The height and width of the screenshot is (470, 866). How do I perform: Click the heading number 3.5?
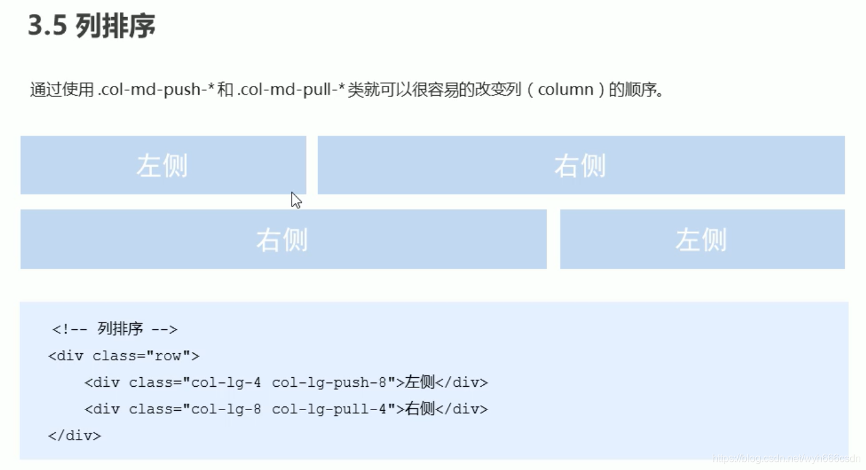(x=47, y=26)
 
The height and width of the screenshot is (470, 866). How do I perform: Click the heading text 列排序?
(x=115, y=26)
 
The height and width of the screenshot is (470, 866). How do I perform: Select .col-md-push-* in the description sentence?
(x=149, y=90)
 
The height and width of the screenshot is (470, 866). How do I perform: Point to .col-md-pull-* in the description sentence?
(x=291, y=90)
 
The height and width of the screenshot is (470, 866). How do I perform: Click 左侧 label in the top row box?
(x=162, y=166)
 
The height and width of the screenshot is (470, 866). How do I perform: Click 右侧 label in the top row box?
(x=579, y=166)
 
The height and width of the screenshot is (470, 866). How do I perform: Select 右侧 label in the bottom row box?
(x=282, y=240)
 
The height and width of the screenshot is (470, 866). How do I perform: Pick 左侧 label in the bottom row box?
(x=701, y=240)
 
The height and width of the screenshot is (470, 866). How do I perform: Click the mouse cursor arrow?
(x=295, y=200)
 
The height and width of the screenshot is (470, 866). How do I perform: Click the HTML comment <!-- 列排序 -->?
(x=115, y=329)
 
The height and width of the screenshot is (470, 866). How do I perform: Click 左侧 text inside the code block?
(x=420, y=382)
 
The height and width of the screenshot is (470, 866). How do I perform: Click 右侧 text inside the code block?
(x=420, y=409)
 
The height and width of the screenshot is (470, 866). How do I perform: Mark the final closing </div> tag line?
(x=74, y=435)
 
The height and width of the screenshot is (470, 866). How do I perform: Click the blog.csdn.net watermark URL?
(x=786, y=459)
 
